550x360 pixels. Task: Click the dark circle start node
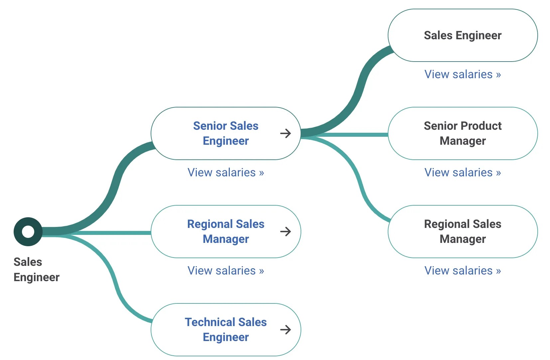[x=28, y=232]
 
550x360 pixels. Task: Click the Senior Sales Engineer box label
[x=225, y=133]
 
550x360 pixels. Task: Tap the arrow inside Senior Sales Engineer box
[x=285, y=133]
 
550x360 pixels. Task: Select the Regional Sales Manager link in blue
[x=225, y=231]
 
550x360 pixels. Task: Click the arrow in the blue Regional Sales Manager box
[x=285, y=232]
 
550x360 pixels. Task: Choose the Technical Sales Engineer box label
[x=225, y=329]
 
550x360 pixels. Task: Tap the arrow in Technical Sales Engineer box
[x=285, y=330]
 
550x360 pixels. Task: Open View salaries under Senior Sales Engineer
[x=225, y=172]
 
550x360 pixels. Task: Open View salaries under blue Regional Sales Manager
[x=225, y=270]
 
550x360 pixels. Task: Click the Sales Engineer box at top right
[x=463, y=35]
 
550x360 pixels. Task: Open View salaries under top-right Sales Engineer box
[x=463, y=74]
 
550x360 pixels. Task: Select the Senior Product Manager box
[x=463, y=133]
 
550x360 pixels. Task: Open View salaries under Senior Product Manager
[x=463, y=172]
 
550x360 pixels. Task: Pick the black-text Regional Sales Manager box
[x=463, y=231]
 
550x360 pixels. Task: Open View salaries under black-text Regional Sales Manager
[x=463, y=270]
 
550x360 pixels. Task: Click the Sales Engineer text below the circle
[x=36, y=270]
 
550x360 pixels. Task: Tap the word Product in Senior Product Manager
[x=481, y=126]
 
